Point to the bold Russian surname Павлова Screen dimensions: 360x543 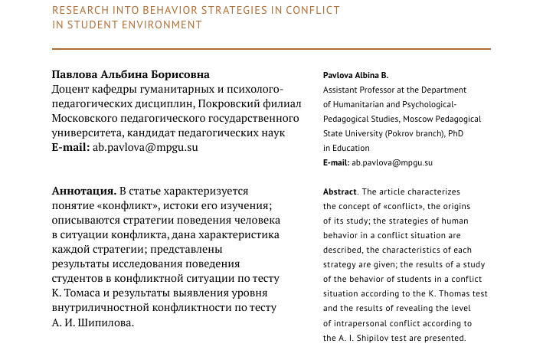(75, 75)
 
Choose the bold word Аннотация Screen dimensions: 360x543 (83, 190)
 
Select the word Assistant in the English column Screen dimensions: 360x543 (343, 90)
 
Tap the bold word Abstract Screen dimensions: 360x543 (339, 191)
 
